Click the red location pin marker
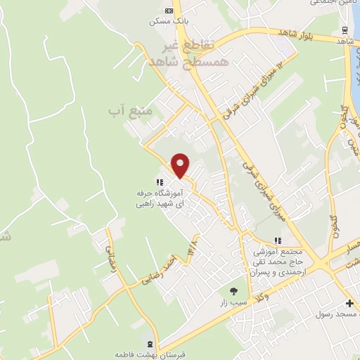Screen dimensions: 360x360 181,165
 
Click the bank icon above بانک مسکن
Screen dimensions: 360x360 168,11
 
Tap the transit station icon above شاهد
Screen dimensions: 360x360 344,30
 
